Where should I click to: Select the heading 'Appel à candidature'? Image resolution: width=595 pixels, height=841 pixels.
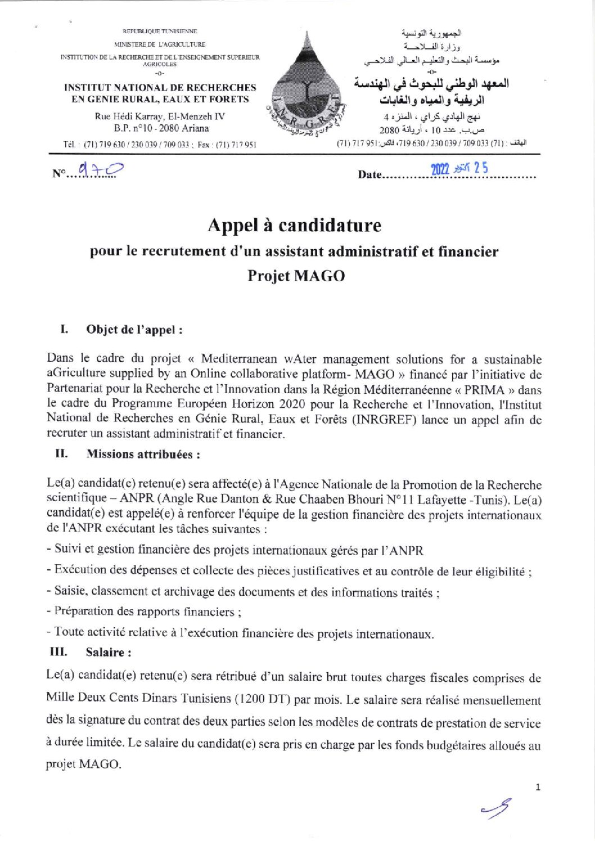click(x=294, y=225)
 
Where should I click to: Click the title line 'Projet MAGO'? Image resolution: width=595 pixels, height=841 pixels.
click(x=296, y=276)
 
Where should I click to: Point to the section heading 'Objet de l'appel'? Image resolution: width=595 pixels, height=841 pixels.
click(x=134, y=330)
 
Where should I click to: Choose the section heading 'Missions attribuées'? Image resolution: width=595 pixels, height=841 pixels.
click(x=143, y=454)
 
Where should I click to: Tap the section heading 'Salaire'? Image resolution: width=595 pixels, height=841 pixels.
click(x=109, y=652)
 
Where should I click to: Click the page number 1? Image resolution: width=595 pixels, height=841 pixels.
click(x=538, y=787)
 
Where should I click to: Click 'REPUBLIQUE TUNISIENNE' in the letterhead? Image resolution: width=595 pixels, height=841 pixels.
click(x=160, y=32)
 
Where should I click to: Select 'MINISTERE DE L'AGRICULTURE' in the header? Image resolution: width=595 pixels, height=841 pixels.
click(x=160, y=44)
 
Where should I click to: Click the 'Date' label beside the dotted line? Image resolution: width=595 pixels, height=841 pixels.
click(x=369, y=175)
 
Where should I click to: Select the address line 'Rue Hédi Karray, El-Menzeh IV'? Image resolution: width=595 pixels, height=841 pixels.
click(x=160, y=116)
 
